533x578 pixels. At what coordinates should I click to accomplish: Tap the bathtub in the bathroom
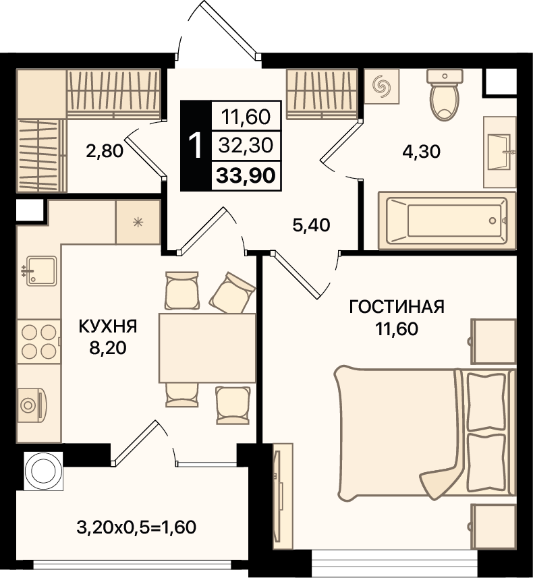pyautogui.click(x=447, y=221)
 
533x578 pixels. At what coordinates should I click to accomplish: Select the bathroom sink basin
pyautogui.click(x=501, y=152)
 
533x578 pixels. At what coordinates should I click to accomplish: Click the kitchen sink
pyautogui.click(x=40, y=271)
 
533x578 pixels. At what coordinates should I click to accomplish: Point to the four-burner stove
pyautogui.click(x=38, y=342)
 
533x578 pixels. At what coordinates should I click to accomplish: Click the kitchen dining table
pyautogui.click(x=207, y=348)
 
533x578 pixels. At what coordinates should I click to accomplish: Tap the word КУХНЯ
pyautogui.click(x=108, y=326)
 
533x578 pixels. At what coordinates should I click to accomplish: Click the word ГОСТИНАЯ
pyautogui.click(x=397, y=307)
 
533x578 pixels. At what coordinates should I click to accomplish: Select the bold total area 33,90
pyautogui.click(x=246, y=175)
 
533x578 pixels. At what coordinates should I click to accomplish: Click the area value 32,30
pyautogui.click(x=246, y=145)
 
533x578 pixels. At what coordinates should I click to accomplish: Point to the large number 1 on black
pyautogui.click(x=196, y=146)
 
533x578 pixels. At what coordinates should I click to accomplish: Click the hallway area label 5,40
pyautogui.click(x=311, y=225)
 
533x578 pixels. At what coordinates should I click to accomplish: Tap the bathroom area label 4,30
pyautogui.click(x=421, y=152)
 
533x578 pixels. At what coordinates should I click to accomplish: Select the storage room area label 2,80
pyautogui.click(x=105, y=151)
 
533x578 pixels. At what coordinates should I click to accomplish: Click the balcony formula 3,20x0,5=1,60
pyautogui.click(x=136, y=527)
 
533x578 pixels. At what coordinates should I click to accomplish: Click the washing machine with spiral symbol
pyautogui.click(x=381, y=86)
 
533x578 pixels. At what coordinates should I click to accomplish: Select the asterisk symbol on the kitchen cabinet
pyautogui.click(x=138, y=223)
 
